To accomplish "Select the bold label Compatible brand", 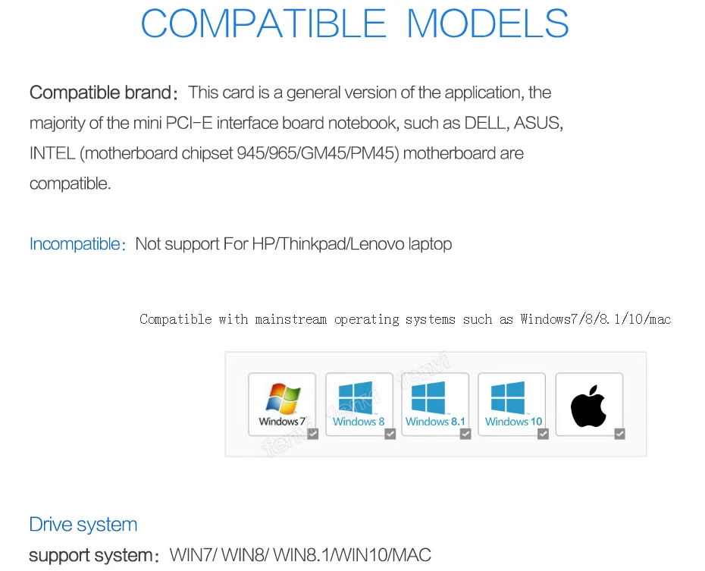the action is pyautogui.click(x=100, y=93).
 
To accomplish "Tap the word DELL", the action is pyautogui.click(x=486, y=123).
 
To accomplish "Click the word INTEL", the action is pyautogui.click(x=52, y=153).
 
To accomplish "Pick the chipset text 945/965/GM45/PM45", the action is pyautogui.click(x=318, y=153).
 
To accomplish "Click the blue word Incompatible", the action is pyautogui.click(x=74, y=244).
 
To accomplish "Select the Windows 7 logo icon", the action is pyautogui.click(x=282, y=398).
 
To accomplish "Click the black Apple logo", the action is pyautogui.click(x=589, y=406).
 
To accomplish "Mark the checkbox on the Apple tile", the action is pyautogui.click(x=619, y=434).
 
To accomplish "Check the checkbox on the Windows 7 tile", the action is pyautogui.click(x=312, y=434).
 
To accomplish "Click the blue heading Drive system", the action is pyautogui.click(x=83, y=524).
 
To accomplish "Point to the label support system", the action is pyautogui.click(x=90, y=555).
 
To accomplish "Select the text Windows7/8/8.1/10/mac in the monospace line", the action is pyautogui.click(x=596, y=319).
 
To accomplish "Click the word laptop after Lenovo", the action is pyautogui.click(x=430, y=244).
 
